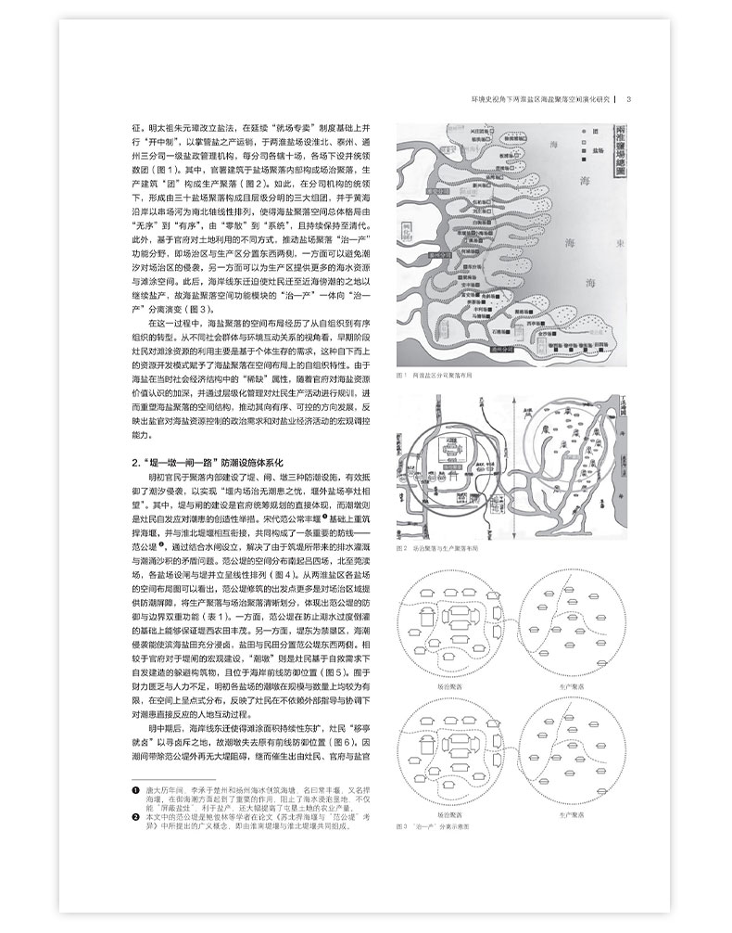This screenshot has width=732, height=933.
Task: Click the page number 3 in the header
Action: [629, 100]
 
